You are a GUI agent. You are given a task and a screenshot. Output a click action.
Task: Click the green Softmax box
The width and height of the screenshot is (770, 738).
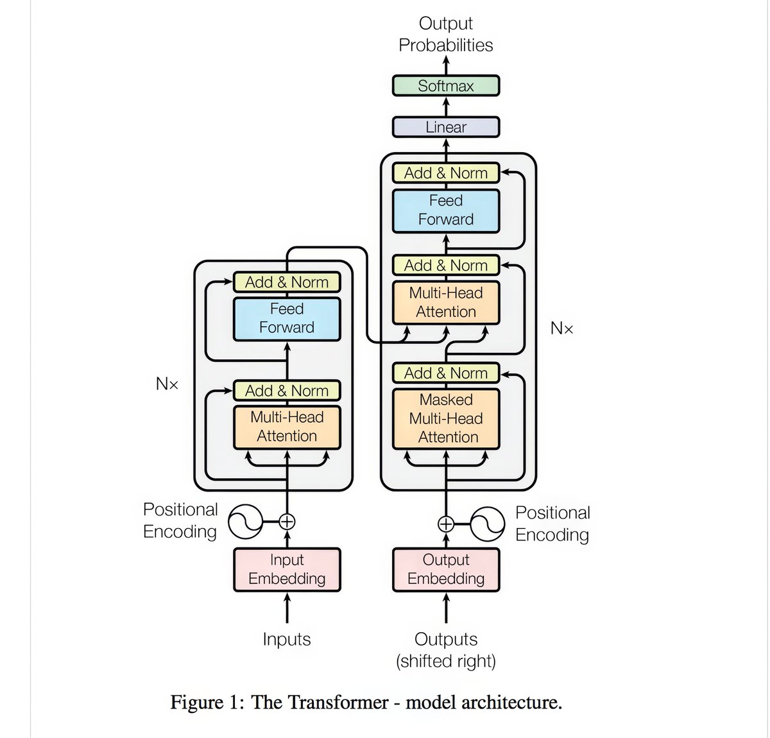pos(445,86)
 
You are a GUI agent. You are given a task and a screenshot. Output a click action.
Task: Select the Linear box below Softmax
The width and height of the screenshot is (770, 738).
pos(445,127)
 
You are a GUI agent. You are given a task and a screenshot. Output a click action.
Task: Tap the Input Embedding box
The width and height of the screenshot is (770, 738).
pos(287,569)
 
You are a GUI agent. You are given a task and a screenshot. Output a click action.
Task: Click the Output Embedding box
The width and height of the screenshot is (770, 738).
pos(445,569)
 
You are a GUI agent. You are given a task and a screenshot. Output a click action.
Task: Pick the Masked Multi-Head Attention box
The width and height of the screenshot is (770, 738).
pos(445,418)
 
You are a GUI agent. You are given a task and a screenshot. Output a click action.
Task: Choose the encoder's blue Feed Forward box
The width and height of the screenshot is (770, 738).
pos(287,318)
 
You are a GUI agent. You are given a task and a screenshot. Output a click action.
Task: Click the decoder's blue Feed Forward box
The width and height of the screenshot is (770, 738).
pos(445,210)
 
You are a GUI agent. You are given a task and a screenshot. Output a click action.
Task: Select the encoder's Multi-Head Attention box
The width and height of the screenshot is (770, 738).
pos(287,427)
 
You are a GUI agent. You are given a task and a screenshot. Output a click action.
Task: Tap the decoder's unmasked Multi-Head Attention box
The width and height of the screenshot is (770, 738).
pos(445,302)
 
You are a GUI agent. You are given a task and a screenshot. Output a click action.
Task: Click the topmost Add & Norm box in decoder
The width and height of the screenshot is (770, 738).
pos(445,173)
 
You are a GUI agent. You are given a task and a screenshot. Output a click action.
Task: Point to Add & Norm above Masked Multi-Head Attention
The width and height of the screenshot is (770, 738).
pos(445,373)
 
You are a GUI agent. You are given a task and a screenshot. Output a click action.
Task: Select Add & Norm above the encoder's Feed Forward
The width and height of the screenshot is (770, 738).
pos(287,282)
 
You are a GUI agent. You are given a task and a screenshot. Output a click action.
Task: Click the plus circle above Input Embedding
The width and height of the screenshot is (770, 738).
pos(287,522)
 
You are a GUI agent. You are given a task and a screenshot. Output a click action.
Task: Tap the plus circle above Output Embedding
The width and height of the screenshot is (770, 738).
pos(445,524)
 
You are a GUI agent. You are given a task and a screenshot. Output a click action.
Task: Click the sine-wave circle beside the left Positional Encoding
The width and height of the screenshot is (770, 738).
pos(246,522)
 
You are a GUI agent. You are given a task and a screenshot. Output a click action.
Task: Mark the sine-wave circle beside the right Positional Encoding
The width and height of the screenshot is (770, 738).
pos(487,524)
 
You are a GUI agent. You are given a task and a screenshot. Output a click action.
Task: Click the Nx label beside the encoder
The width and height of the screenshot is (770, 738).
pos(167,384)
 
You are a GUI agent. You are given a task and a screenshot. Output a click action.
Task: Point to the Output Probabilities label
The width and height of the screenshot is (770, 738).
pos(445,34)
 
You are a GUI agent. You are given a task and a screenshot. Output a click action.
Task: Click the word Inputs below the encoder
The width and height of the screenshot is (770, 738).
pos(287,639)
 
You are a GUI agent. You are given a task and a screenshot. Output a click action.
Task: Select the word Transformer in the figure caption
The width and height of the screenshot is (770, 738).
pos(319,702)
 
